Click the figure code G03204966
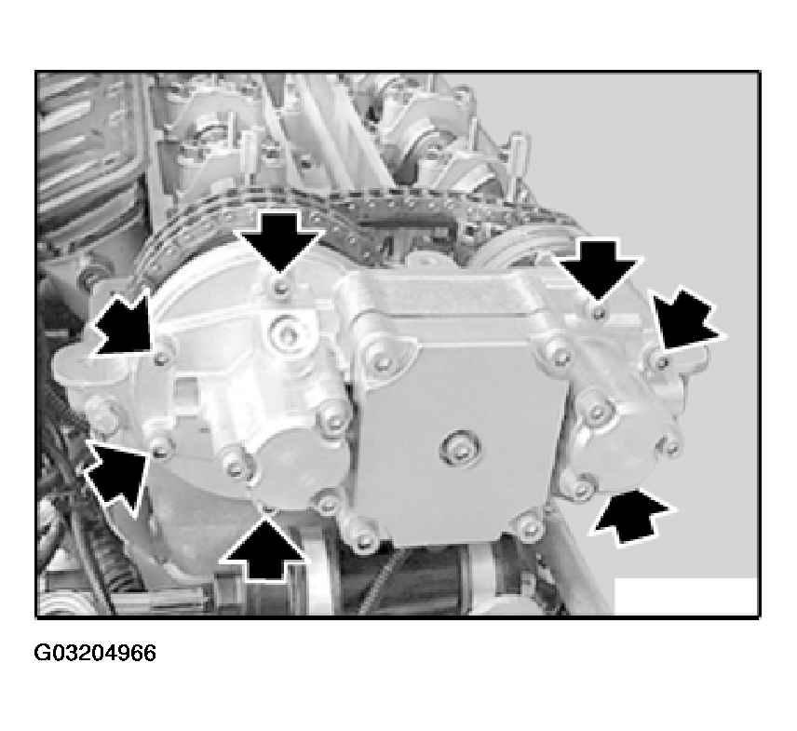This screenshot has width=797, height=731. click(x=95, y=653)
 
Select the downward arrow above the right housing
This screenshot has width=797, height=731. click(x=599, y=269)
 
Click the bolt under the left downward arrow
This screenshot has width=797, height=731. click(x=280, y=289)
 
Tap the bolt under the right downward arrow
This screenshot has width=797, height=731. click(x=600, y=312)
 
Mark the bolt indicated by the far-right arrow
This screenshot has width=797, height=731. click(x=662, y=362)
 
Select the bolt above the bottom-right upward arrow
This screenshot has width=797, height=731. click(x=584, y=489)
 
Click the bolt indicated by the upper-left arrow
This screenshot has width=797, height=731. click(x=162, y=359)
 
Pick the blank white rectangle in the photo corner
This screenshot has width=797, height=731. click(x=685, y=596)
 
